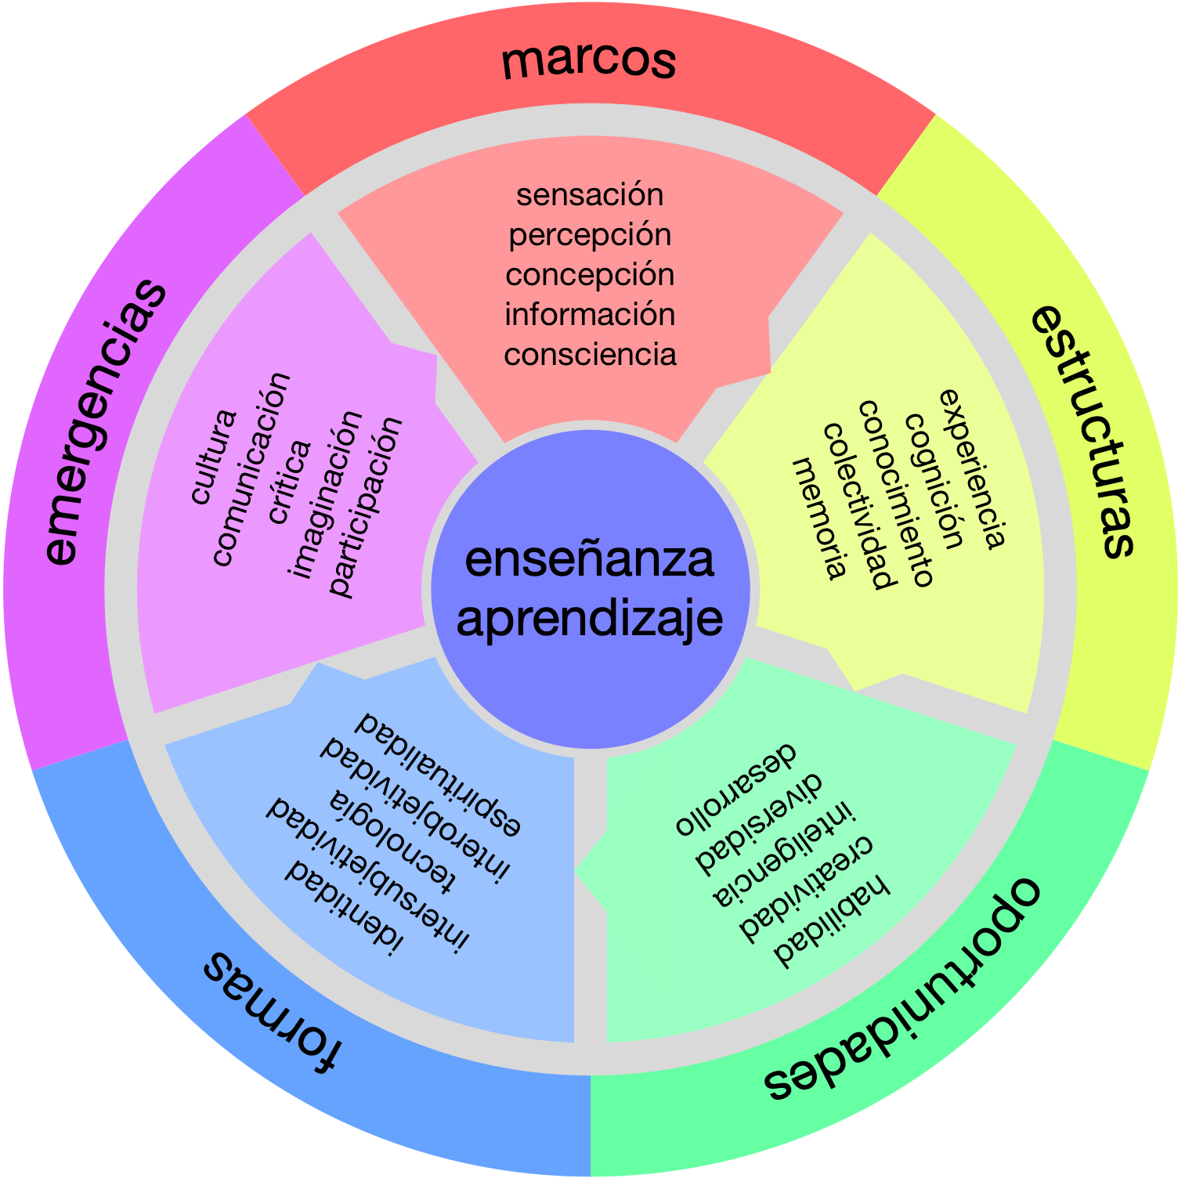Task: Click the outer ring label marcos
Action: pyautogui.click(x=589, y=60)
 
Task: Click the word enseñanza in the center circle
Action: pyautogui.click(x=589, y=559)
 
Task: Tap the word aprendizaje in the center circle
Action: pyautogui.click(x=589, y=619)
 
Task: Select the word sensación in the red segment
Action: pyautogui.click(x=590, y=194)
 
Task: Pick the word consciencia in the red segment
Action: pyautogui.click(x=590, y=354)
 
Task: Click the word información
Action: pyautogui.click(x=590, y=314)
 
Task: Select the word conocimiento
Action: pyautogui.click(x=896, y=493)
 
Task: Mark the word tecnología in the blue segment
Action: pyautogui.click(x=392, y=842)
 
